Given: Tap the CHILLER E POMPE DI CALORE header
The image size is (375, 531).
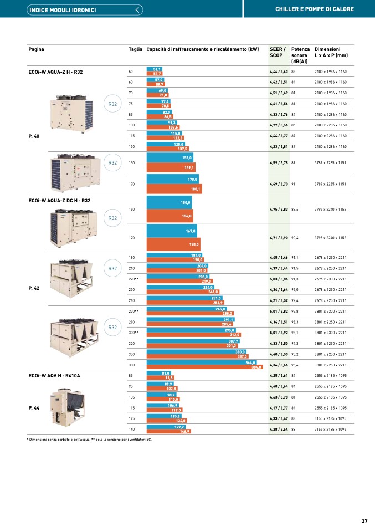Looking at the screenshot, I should (x=314, y=9).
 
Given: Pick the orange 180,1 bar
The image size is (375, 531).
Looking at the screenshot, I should (x=174, y=189).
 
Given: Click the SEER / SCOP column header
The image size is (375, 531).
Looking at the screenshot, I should (x=278, y=52).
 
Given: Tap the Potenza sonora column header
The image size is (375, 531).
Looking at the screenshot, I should (x=300, y=55).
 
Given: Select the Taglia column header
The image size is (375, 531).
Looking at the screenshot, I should (x=135, y=49).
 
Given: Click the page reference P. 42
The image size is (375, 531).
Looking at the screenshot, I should (x=33, y=289).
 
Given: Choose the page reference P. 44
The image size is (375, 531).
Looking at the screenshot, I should (x=33, y=407).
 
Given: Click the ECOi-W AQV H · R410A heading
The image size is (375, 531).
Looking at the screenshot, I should (x=54, y=376).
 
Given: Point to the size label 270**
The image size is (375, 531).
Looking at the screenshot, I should (x=133, y=311).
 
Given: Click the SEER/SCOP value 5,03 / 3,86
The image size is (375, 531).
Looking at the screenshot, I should (x=279, y=279).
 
